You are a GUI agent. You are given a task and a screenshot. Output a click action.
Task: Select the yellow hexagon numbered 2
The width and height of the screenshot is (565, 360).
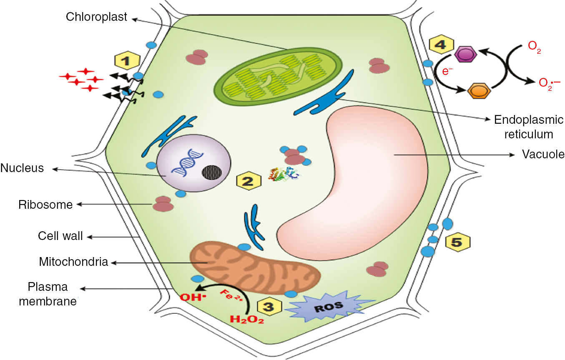tap(249, 181)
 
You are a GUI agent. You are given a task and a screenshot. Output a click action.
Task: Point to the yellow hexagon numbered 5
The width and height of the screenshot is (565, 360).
tap(457, 242)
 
